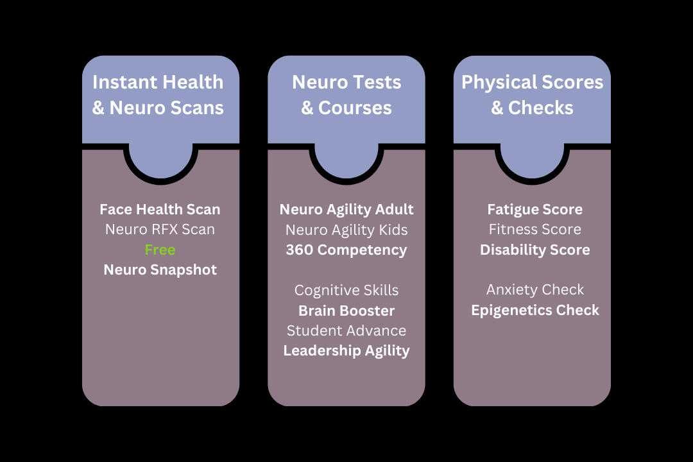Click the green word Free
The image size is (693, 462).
pos(160,250)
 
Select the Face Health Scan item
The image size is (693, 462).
pos(160,209)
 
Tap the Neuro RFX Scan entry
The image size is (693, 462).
pos(160,229)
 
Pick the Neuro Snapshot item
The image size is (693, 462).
pos(160,269)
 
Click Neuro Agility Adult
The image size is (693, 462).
pos(346,209)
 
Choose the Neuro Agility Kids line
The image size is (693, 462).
pos(346,229)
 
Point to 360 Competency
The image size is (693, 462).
pos(346,250)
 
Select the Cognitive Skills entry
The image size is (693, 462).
pos(346,290)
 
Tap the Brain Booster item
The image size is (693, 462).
pos(346,311)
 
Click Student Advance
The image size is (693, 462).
pos(346,330)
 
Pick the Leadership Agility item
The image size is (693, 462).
pos(346,350)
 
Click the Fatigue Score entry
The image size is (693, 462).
pos(535,209)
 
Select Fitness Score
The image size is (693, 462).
pos(535,229)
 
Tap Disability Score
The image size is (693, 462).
pos(535,250)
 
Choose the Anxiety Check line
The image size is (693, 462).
pos(535,290)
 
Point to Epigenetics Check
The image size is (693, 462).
pos(535,310)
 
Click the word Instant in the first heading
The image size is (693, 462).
pos(123,82)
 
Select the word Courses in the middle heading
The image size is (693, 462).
pos(355,108)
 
